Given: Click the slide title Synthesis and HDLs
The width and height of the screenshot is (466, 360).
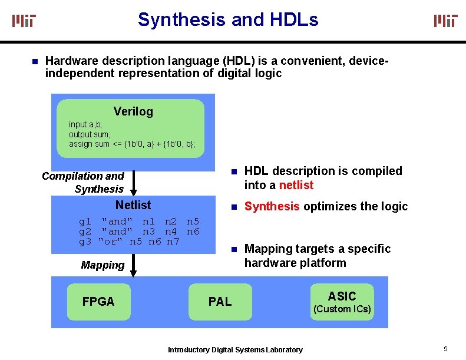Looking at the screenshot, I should (x=228, y=19).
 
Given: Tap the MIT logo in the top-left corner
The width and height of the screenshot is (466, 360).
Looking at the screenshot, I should (x=24, y=21).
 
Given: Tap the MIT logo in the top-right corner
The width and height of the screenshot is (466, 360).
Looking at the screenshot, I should (x=445, y=21).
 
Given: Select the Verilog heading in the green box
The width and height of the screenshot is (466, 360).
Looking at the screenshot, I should (x=133, y=111).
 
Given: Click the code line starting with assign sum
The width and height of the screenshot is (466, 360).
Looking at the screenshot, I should (x=132, y=144).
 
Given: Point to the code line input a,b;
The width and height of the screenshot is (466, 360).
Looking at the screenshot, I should (x=86, y=124).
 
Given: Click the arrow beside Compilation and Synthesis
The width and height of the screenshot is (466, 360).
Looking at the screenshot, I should (x=134, y=183).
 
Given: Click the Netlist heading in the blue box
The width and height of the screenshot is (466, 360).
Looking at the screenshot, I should (x=133, y=205).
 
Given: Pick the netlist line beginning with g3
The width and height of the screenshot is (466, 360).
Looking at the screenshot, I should (x=129, y=241).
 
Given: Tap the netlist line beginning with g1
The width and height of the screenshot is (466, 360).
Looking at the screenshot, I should (x=139, y=222).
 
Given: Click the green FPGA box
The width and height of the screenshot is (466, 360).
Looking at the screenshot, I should (x=98, y=302).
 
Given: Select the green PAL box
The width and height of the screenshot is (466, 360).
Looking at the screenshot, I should (x=220, y=302).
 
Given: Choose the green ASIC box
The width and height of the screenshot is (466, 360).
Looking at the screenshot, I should (x=342, y=302).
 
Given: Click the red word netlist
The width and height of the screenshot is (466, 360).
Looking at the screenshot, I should (x=296, y=185).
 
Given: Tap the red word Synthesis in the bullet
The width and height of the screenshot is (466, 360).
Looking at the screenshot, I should (x=272, y=206).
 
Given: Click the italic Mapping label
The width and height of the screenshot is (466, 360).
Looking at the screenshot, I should (x=103, y=265).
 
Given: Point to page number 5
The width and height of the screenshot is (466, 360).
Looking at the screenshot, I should (x=446, y=348).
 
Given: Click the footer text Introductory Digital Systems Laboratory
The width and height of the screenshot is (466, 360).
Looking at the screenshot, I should (x=235, y=349).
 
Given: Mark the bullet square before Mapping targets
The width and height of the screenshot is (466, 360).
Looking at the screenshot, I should (x=233, y=249).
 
